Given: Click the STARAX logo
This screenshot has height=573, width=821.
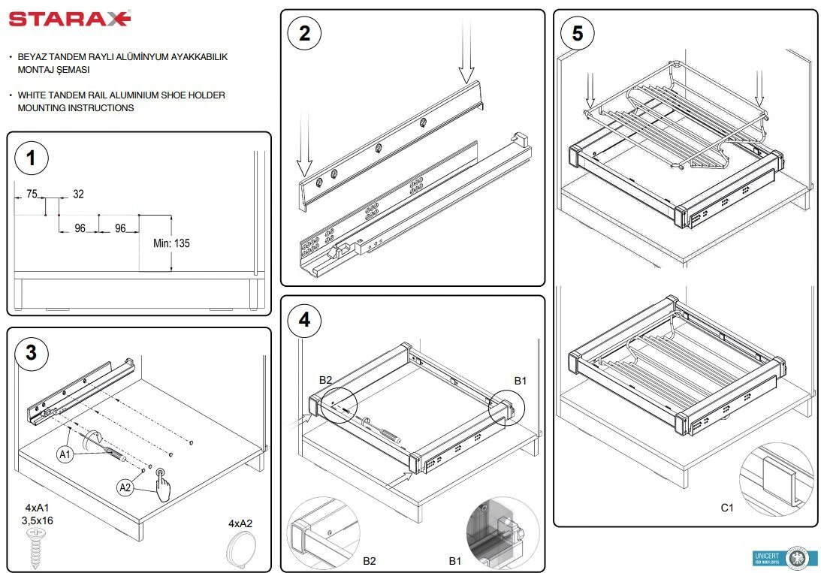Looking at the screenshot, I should tap(69, 19).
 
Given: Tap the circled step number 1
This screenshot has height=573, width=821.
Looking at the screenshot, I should tap(31, 158).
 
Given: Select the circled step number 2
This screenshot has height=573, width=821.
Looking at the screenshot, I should tap(304, 33).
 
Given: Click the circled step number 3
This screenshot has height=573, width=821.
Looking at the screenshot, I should tap(31, 352).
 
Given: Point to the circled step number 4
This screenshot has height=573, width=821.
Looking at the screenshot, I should tap(304, 320).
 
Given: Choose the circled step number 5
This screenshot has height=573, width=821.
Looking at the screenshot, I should tap(577, 33).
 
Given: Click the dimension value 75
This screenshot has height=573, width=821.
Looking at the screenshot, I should tap(32, 194).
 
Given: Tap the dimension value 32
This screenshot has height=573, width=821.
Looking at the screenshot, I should tap(78, 194).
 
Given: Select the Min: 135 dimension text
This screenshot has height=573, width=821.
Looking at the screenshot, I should tap(171, 243).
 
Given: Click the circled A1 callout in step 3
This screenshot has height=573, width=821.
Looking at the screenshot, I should tap(65, 454).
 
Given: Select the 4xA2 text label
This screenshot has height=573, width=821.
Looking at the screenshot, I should tap(240, 523).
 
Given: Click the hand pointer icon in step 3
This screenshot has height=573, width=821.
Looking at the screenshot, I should tap(161, 485).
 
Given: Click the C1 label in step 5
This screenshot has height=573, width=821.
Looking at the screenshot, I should tap(726, 508).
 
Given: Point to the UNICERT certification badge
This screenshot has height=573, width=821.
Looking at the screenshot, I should tap(781, 558).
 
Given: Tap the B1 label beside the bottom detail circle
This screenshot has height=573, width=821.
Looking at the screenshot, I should tap(455, 560).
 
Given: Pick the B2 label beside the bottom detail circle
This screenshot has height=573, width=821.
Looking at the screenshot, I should tap(370, 560).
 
